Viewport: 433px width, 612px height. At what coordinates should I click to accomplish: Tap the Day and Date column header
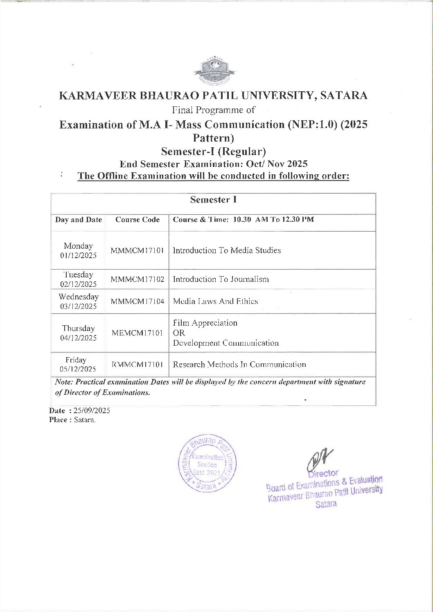point(78,220)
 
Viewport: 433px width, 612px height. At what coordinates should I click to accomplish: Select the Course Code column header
point(138,220)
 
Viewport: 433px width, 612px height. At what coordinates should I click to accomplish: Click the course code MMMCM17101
point(137,250)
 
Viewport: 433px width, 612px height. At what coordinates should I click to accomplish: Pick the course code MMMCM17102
point(137,279)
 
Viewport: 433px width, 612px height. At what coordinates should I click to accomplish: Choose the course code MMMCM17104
point(137,301)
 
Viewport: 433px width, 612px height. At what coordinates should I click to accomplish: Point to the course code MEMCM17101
point(137,333)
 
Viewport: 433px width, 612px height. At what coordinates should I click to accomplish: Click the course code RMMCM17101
point(137,364)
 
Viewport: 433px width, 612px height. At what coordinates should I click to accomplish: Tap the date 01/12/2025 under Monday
point(78,256)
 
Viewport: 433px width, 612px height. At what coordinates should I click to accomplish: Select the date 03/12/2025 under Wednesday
point(78,306)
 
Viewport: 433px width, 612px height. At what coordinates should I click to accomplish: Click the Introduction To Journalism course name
point(221,279)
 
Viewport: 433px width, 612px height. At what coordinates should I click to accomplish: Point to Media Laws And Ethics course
point(215,301)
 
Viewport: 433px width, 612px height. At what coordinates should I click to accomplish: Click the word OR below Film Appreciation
point(179,333)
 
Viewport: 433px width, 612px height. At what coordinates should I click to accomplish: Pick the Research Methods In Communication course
point(239,364)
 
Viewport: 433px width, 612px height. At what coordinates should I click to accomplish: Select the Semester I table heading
point(213,200)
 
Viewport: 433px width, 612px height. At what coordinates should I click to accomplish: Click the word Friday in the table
point(76,360)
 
